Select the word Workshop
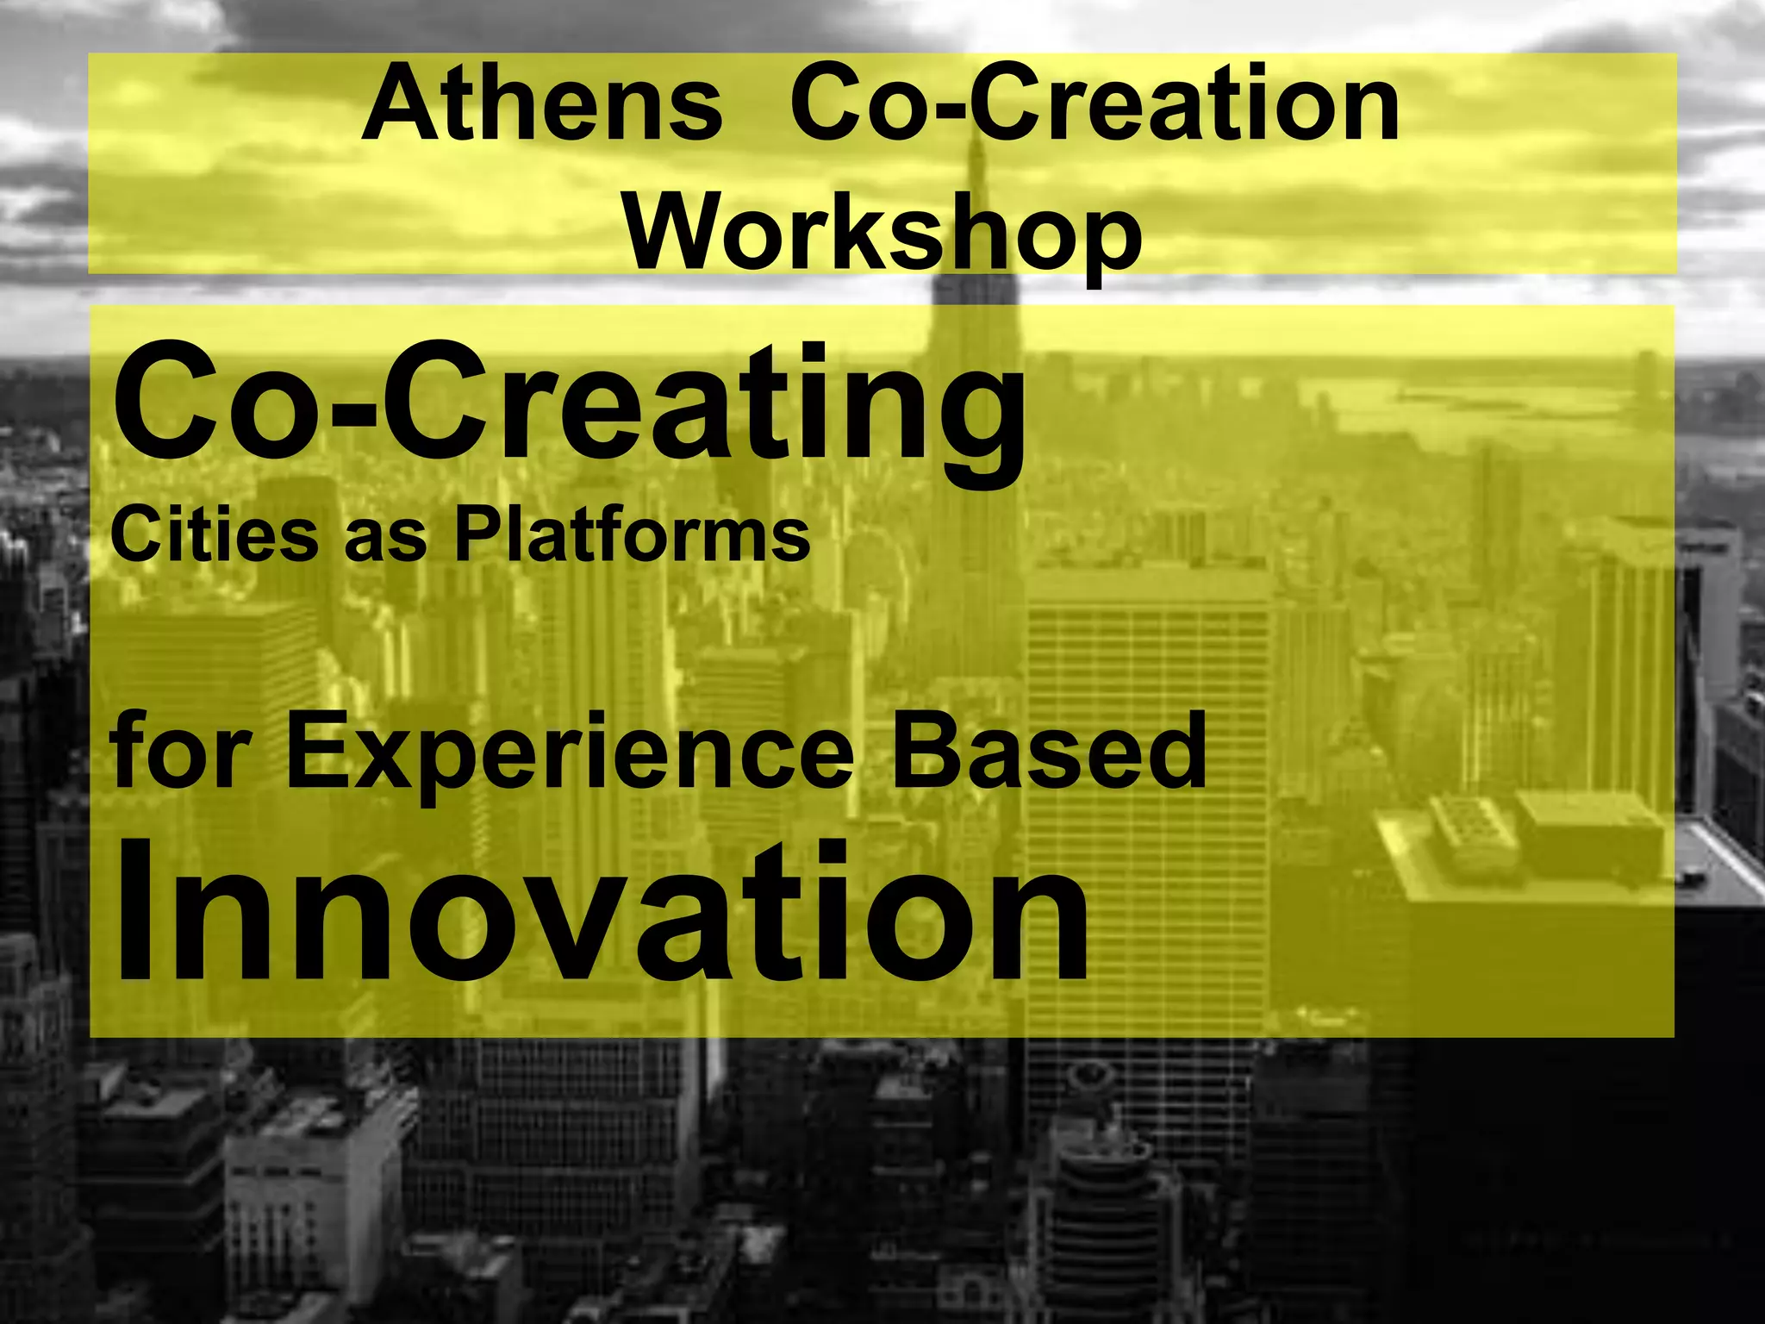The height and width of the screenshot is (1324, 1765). [882, 231]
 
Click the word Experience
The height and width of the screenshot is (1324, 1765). [569, 752]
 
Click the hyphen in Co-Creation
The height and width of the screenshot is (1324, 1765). [957, 110]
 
